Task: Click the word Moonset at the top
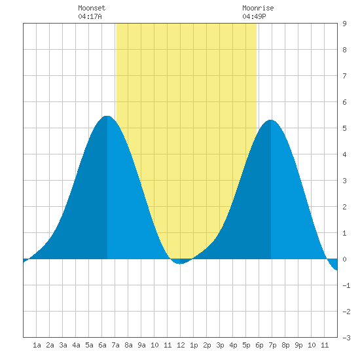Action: [x=92, y=8]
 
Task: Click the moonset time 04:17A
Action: [x=90, y=16]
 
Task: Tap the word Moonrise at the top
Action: [x=258, y=8]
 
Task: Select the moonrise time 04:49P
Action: [x=254, y=16]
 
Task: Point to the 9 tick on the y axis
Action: [x=344, y=24]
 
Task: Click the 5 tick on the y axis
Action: [x=344, y=128]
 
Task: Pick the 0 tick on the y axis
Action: [x=344, y=259]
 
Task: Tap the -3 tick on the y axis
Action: [x=346, y=338]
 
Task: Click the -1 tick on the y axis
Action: [x=346, y=285]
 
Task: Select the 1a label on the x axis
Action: [x=37, y=345]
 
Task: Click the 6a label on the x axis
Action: [x=102, y=345]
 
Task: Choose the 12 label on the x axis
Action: [x=181, y=345]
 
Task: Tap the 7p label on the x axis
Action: [x=272, y=345]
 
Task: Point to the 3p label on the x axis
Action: [x=220, y=345]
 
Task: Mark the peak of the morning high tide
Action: [x=107, y=116]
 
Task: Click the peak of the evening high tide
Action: [x=271, y=120]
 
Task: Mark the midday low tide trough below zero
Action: [x=181, y=264]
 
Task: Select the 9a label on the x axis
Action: [x=141, y=345]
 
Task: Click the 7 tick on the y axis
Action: [x=344, y=76]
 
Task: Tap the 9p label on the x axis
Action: [x=298, y=345]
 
